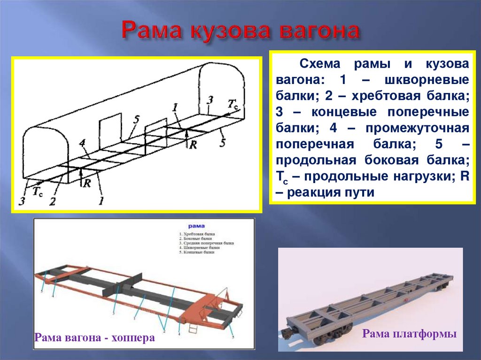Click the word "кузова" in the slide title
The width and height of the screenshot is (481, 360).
[232, 31]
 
